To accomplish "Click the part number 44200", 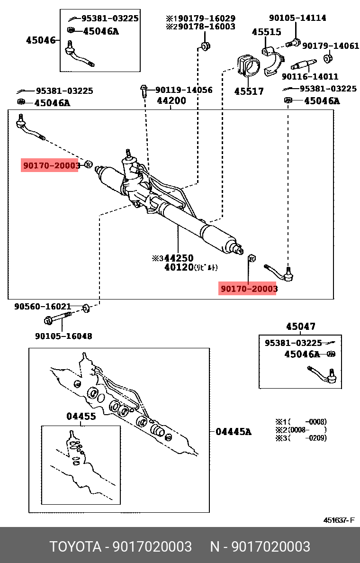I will pos(171,100).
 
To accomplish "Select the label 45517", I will pos(249,91).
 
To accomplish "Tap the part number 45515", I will pos(266,32).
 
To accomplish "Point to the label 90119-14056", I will pos(184,90).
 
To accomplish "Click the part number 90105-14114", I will pos(297,18).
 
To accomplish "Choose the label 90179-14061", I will pos(331,46).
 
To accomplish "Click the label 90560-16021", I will pos(43,307).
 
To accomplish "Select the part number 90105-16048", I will pos(63,336).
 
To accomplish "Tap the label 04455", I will pos(81,416).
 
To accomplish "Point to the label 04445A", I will pos(234,431).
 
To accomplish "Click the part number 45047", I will pos(300,327).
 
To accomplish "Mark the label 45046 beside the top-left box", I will pos(41,40).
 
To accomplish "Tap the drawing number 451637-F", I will pos(339,520).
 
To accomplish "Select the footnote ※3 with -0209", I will pos(301,438).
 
